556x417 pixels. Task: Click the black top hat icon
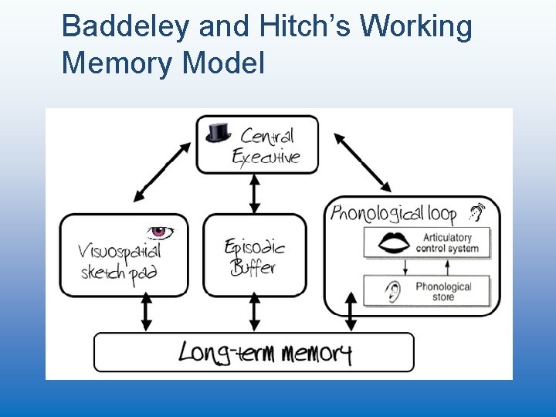[x=219, y=134]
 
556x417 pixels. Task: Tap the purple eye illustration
[x=160, y=231]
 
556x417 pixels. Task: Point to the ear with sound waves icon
[x=478, y=212]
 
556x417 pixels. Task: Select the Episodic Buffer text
[x=254, y=257]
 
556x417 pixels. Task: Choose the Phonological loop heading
[x=393, y=213]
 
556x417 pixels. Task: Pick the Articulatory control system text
[x=447, y=243]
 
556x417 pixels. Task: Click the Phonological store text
[x=443, y=292]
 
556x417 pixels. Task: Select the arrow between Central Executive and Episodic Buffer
[x=255, y=194]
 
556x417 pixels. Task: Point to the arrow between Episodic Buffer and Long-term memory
[x=255, y=315]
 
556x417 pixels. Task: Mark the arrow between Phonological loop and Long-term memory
[x=351, y=315]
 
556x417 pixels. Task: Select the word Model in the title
[x=223, y=63]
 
